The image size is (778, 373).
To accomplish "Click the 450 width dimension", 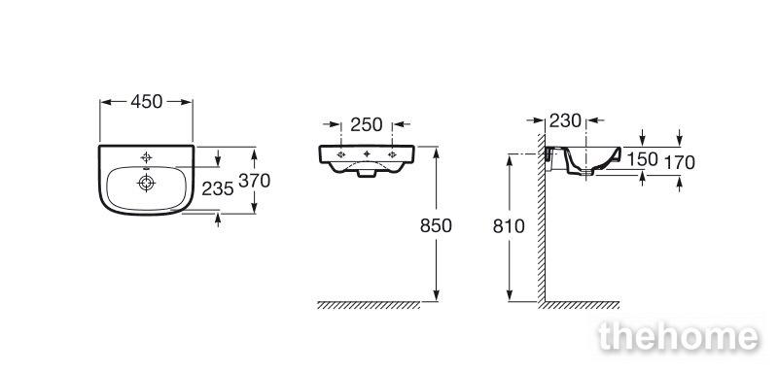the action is (x=147, y=102).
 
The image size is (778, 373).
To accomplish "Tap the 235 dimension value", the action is (x=217, y=188).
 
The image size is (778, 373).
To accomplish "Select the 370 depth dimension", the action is (x=254, y=181).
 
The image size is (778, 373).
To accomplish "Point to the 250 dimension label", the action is (x=367, y=125).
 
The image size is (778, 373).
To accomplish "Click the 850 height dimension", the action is (x=436, y=226).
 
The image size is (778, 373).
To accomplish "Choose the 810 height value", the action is (x=509, y=226).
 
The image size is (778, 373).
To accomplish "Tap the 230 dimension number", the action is (x=565, y=120).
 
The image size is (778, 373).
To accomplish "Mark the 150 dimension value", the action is (x=642, y=159).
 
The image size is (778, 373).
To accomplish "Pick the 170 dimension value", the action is (x=679, y=162).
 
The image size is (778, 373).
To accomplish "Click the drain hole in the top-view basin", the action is (x=147, y=183).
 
